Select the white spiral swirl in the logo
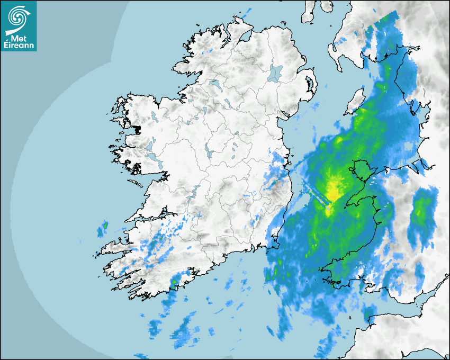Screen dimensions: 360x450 click(19, 17)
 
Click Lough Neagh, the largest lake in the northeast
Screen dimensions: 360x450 click(275, 73)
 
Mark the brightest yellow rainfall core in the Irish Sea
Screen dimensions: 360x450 click(334, 188)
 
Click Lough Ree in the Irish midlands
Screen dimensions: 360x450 click(209, 154)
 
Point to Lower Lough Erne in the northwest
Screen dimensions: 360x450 click(214, 83)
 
